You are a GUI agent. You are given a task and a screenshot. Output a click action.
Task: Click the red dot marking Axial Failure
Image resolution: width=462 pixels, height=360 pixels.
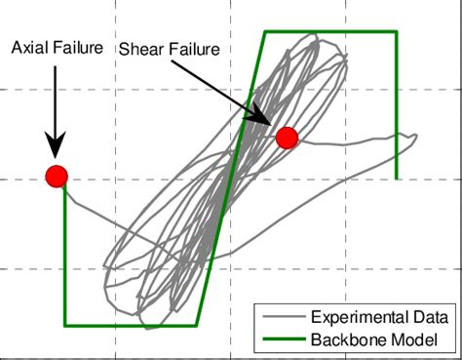[x=57, y=176]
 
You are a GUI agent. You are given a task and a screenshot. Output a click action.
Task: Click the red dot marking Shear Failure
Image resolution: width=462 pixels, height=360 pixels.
[x=286, y=138]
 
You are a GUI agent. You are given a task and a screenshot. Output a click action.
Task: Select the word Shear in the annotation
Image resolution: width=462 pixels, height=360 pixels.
[x=139, y=48]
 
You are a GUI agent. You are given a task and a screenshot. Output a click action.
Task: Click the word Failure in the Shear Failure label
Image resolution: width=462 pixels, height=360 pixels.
[x=191, y=48]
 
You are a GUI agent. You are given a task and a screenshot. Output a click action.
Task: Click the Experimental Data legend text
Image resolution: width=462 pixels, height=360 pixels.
[x=379, y=317]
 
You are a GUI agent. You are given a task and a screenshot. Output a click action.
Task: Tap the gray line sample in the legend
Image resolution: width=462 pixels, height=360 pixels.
[x=281, y=317]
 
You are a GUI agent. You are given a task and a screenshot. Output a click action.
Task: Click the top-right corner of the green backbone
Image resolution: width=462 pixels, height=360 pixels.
[x=397, y=32]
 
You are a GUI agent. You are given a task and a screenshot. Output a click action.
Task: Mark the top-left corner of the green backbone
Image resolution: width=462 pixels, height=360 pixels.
[x=264, y=32]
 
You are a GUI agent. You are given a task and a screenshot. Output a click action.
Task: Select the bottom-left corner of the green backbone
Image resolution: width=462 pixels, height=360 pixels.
[x=65, y=325]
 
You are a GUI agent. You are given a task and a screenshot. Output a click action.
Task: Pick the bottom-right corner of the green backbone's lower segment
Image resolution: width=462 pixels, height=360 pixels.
[x=197, y=325]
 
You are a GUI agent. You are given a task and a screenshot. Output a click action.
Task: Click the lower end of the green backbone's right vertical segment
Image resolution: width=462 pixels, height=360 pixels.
[x=397, y=179]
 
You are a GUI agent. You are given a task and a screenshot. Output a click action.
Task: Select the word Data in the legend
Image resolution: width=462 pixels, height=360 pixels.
[x=429, y=317]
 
